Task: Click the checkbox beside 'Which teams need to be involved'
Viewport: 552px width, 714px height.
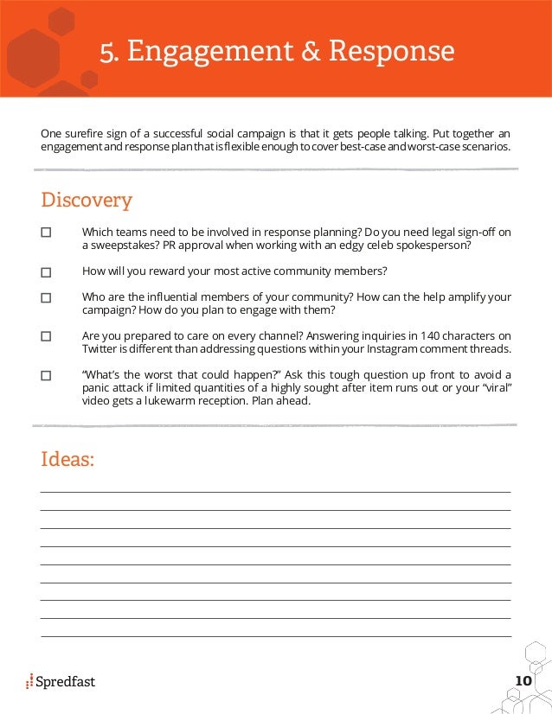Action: (x=46, y=233)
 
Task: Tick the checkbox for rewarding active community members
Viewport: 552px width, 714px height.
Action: (x=46, y=272)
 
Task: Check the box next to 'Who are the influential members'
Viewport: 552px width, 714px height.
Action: (x=46, y=297)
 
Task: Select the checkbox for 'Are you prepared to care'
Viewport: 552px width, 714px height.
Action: (x=46, y=336)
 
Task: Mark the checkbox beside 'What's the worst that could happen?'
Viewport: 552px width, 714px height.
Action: (x=46, y=375)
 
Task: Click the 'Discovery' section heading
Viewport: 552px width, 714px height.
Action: (x=87, y=201)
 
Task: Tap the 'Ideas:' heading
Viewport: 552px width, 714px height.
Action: (x=67, y=459)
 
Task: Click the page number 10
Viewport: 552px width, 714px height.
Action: (x=523, y=681)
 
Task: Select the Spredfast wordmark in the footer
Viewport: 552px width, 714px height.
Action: (x=66, y=682)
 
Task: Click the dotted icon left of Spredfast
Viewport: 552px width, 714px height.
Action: (x=29, y=681)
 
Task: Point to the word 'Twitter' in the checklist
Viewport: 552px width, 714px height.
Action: (x=99, y=349)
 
